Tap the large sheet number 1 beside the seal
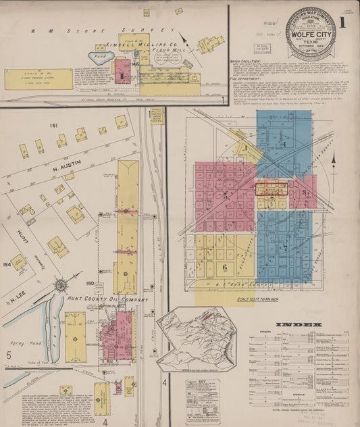pos(342,22)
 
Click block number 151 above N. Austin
pos(53,126)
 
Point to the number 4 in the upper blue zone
pos(285,144)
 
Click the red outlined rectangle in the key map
pos(272,189)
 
